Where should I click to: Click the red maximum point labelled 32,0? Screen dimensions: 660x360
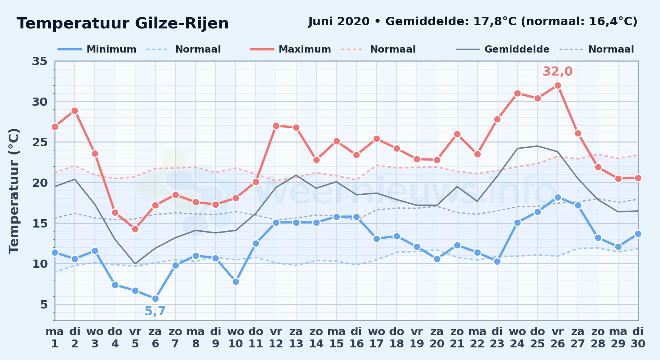click(558, 86)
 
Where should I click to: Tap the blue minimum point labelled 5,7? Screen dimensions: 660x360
click(155, 298)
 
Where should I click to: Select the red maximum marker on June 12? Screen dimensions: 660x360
click(276, 126)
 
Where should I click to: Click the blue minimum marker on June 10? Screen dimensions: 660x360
click(236, 282)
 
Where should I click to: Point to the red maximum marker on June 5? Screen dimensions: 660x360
click(135, 229)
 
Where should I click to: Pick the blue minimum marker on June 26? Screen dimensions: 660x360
click(558, 197)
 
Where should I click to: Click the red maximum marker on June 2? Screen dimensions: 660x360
click(75, 111)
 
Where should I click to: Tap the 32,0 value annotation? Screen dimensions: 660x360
click(557, 71)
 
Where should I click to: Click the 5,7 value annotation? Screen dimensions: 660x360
click(155, 311)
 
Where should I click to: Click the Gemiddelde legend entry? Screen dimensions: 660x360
click(503, 49)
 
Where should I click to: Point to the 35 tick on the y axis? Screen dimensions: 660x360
click(40, 61)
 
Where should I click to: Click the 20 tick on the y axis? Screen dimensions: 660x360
click(40, 183)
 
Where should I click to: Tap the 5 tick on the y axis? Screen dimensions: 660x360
click(44, 305)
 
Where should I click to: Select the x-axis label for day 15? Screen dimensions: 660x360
click(336, 338)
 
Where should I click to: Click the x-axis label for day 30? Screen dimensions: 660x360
click(638, 338)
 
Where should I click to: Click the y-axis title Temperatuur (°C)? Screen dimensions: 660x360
click(14, 191)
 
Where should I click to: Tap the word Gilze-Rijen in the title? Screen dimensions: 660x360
click(182, 24)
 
